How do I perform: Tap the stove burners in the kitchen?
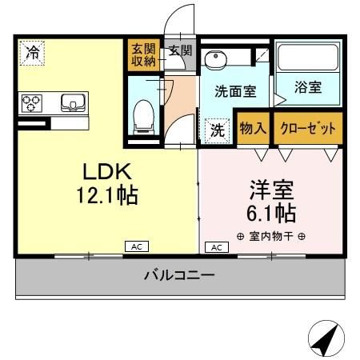click(31, 103)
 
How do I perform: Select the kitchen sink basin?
click(71, 102)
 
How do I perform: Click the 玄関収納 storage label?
click(143, 57)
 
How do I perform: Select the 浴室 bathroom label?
click(307, 88)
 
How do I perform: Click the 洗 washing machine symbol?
click(217, 130)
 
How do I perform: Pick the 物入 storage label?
click(254, 129)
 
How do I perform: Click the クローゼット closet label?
click(308, 129)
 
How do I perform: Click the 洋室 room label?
click(271, 190)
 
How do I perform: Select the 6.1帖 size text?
click(271, 214)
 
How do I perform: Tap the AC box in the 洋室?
click(215, 247)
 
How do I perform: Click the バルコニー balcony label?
click(179, 277)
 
